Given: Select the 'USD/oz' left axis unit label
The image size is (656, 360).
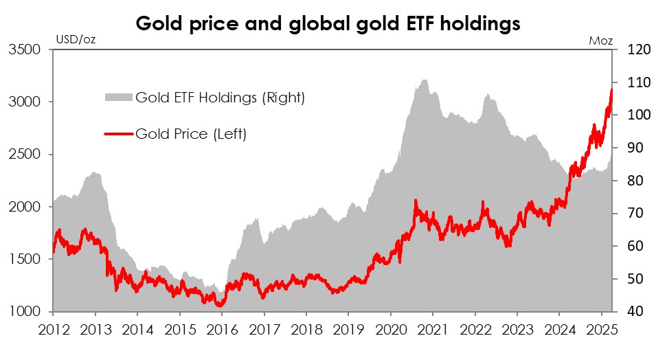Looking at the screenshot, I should (75, 38).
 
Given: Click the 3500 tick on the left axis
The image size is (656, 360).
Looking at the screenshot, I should (25, 49).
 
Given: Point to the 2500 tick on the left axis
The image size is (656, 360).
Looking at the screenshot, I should (25, 155).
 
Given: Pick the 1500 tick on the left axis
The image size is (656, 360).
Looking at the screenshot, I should (25, 259).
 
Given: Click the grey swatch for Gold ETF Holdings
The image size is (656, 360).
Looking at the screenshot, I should (119, 98).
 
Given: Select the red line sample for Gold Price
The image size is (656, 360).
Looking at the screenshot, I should (119, 134).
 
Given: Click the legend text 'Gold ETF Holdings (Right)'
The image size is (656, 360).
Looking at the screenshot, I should (220, 98).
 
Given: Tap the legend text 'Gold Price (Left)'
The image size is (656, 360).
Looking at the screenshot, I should (191, 134).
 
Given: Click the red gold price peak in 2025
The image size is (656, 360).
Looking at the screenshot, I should (611, 89).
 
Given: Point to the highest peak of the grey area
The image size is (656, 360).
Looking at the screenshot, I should (425, 80).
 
